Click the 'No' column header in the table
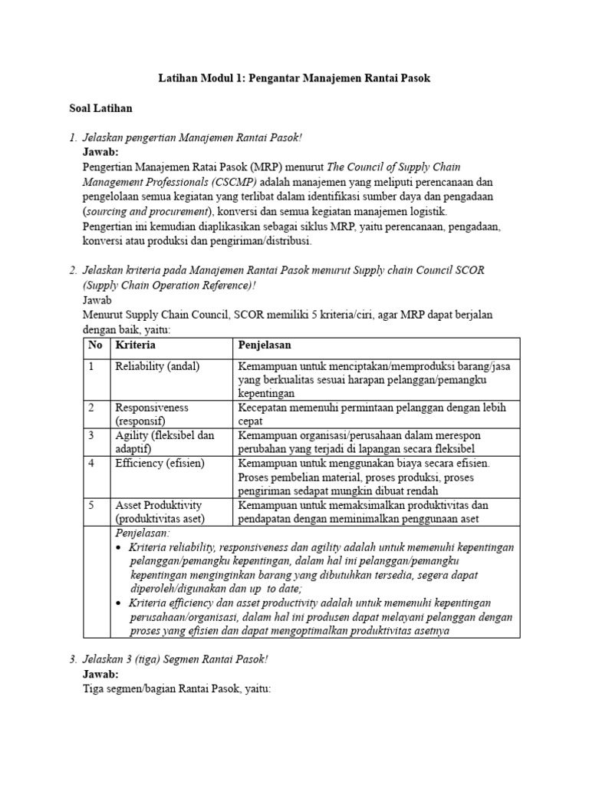click(95, 345)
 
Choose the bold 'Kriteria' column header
click(134, 345)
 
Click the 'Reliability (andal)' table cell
click(157, 366)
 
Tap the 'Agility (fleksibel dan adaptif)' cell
click(164, 442)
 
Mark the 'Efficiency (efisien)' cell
click(160, 463)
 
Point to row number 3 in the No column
click(91, 435)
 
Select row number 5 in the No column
click(91, 505)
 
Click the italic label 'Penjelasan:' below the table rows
click(143, 533)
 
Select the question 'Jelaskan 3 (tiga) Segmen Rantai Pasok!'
click(175, 660)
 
